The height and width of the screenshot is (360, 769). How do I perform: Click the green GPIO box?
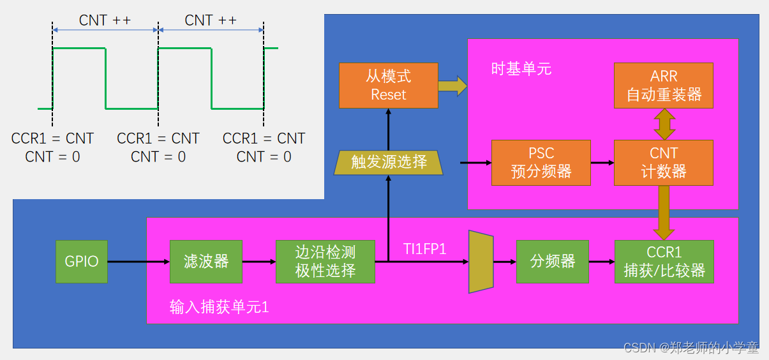point(82,261)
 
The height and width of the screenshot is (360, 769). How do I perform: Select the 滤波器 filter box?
point(205,261)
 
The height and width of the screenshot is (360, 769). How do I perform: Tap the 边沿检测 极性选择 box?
point(325,261)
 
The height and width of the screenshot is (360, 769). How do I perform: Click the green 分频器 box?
point(552,261)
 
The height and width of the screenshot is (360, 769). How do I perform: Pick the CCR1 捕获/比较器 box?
point(664,261)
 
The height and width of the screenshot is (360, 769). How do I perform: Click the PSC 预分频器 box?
point(541,163)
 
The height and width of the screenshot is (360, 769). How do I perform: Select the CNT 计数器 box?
point(664,163)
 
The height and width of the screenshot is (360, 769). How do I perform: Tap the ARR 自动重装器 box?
point(664,86)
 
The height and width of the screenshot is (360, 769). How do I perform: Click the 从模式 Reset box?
point(389,86)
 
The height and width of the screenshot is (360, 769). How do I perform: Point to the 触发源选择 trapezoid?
point(389,162)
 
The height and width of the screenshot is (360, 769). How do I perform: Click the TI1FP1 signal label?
point(424,248)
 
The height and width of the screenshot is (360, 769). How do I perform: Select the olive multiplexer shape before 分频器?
point(481,262)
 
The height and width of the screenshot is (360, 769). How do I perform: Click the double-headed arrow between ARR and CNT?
point(664,124)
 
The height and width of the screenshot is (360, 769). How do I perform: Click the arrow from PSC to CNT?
point(602,163)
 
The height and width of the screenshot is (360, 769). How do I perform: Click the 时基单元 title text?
point(521,68)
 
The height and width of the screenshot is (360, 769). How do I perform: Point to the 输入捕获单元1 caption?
point(219,307)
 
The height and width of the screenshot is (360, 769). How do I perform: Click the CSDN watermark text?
point(691,348)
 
